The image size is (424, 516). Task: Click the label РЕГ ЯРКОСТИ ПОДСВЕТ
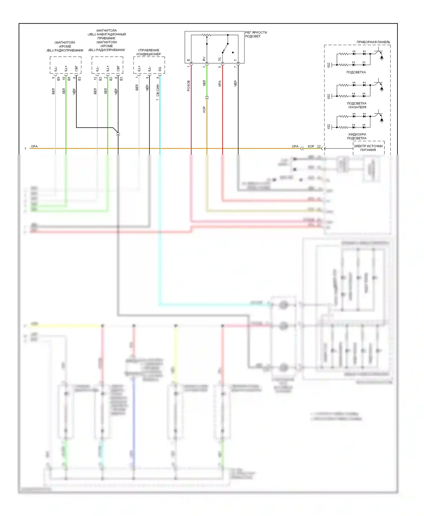[x=256, y=34]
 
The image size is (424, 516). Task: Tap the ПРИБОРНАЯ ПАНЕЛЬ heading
[x=373, y=42]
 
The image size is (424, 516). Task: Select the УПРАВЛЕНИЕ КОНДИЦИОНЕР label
[x=149, y=52]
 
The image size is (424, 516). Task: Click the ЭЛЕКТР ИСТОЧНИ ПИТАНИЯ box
[x=368, y=148]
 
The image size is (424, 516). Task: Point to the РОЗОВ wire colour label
[x=189, y=86]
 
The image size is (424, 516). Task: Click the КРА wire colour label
[x=220, y=84]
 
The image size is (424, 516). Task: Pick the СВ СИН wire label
[x=158, y=90]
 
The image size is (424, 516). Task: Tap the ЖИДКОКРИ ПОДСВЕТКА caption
[x=357, y=136]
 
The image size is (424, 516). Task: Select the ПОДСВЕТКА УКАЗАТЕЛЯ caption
[x=357, y=105]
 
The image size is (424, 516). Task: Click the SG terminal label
[x=160, y=69]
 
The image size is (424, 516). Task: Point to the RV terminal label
[x=204, y=59]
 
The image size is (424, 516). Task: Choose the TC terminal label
[x=220, y=59]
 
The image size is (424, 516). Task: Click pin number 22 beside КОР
[x=319, y=147]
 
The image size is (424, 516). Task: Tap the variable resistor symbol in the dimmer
[x=207, y=35]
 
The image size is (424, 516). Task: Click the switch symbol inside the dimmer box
[x=225, y=48]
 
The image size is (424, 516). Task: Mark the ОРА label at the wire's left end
[x=34, y=147]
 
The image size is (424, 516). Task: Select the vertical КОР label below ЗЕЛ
[x=204, y=110]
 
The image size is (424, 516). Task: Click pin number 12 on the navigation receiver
[x=95, y=78]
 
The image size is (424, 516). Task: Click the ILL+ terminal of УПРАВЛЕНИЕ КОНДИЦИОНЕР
[x=139, y=69]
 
